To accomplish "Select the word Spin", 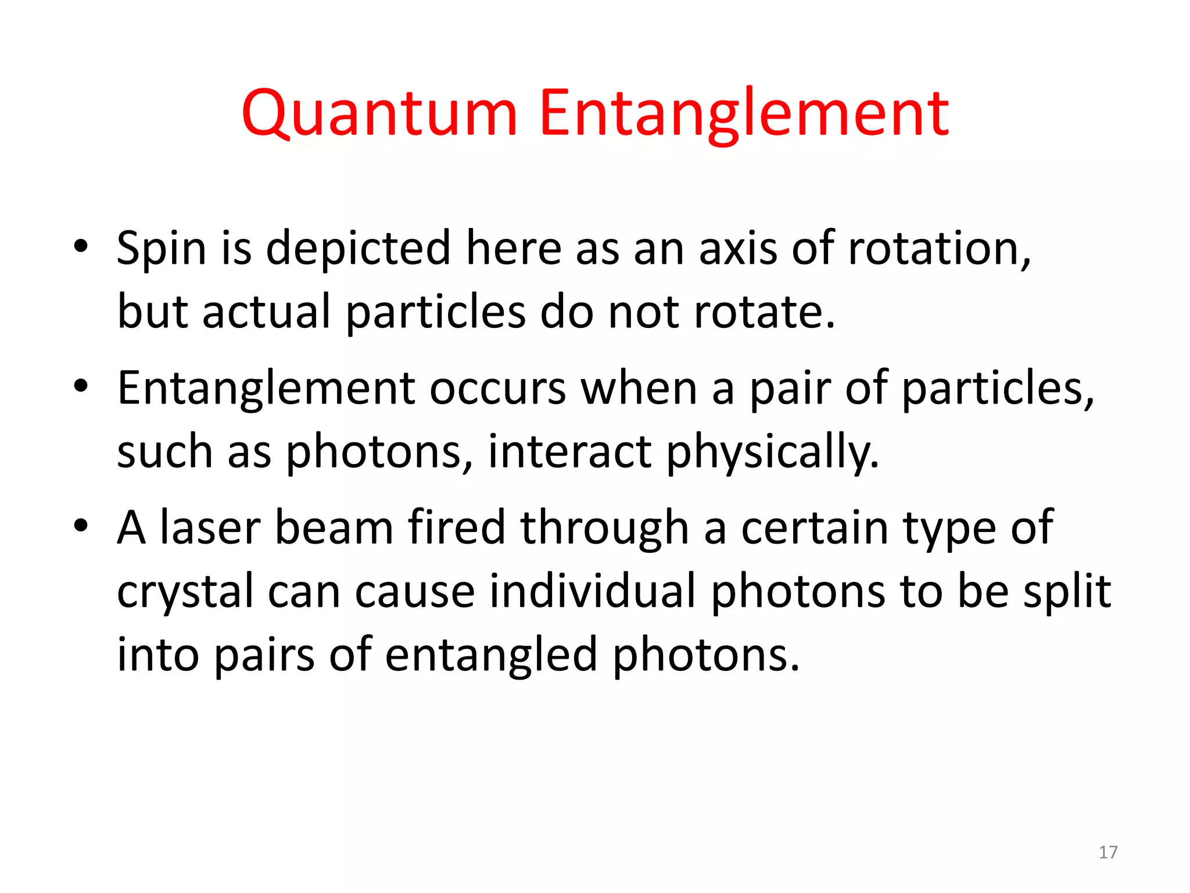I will (161, 249).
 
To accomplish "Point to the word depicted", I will (358, 249).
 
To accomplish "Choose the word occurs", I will (497, 388).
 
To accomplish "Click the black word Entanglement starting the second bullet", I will (266, 388).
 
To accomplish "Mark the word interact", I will (569, 452).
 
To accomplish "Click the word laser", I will (210, 528).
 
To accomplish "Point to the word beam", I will (334, 528).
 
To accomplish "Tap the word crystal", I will (185, 592).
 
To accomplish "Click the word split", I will (1067, 592).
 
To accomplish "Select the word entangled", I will (491, 656).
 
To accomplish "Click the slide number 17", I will (1107, 852).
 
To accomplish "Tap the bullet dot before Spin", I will (81, 246).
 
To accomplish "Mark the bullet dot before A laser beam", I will (81, 525).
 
